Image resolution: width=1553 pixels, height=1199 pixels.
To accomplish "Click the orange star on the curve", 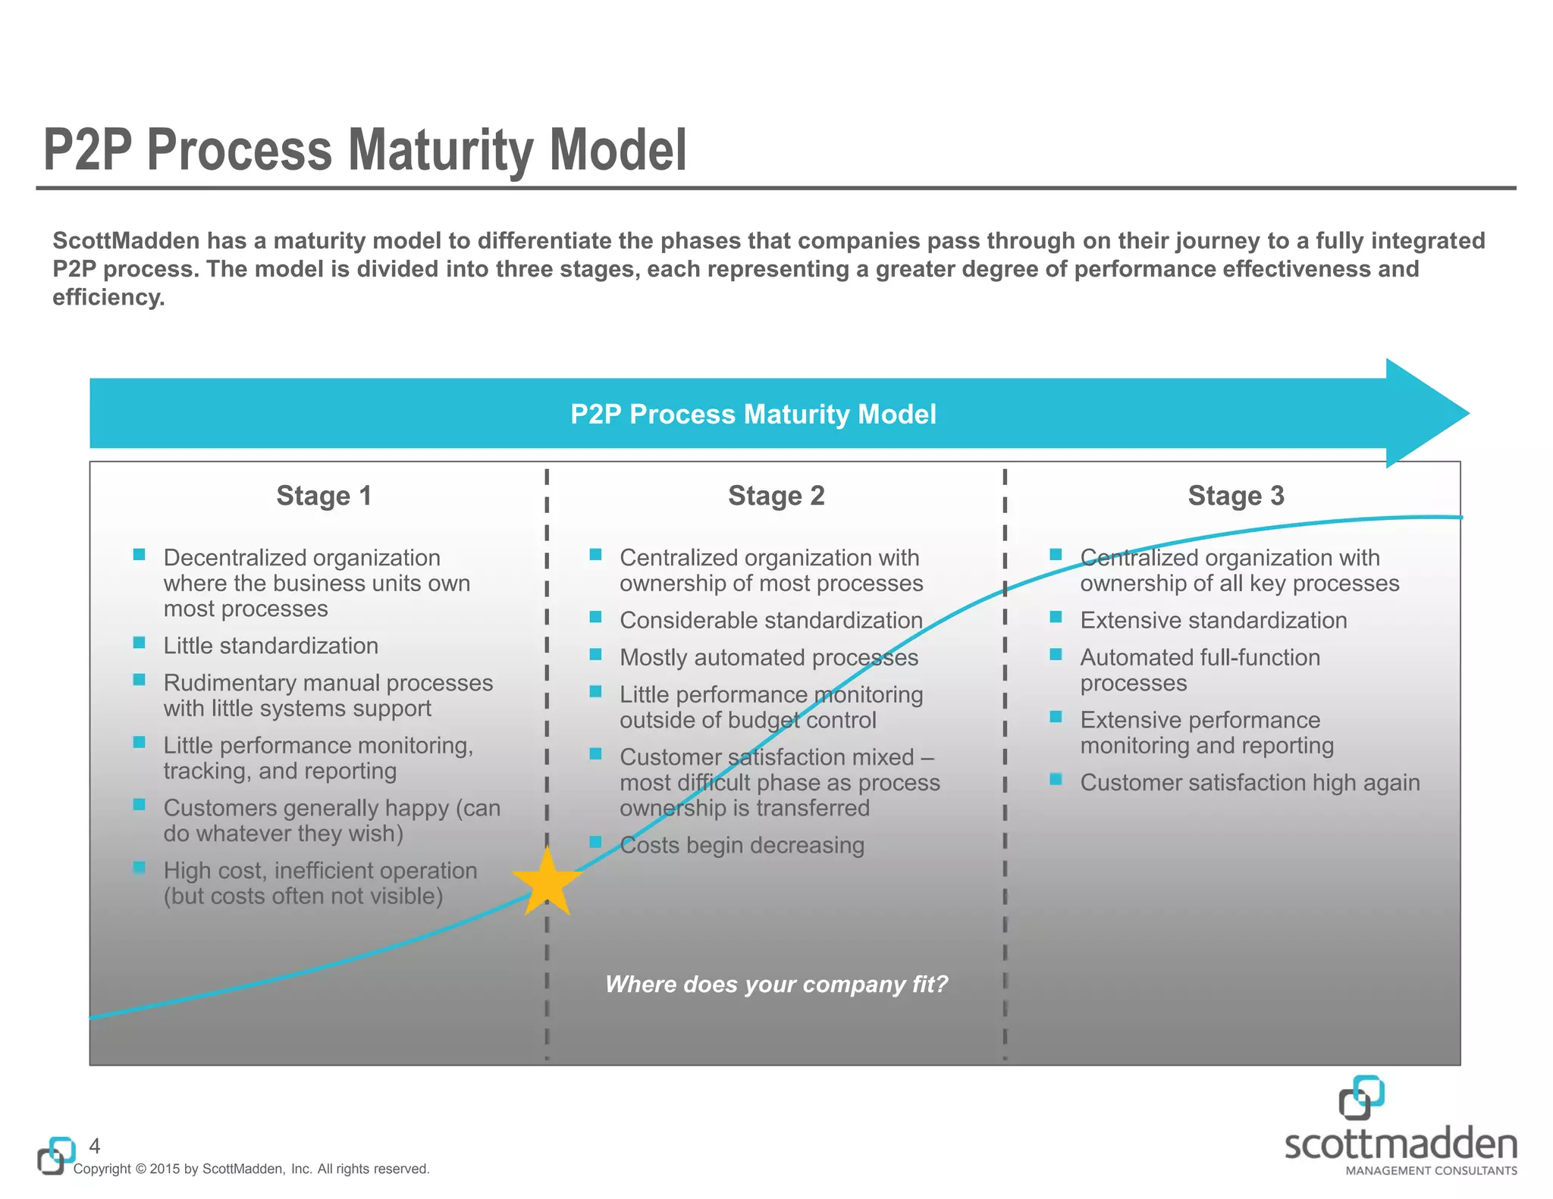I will pyautogui.click(x=547, y=882).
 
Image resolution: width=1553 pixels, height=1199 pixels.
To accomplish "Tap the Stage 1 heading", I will pyautogui.click(x=324, y=496).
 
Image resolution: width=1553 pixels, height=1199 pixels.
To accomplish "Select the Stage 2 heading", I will pyautogui.click(x=776, y=496).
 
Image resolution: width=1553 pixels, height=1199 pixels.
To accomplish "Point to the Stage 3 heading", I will pyautogui.click(x=1235, y=496).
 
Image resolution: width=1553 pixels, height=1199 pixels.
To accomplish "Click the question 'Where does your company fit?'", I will pyautogui.click(x=776, y=984).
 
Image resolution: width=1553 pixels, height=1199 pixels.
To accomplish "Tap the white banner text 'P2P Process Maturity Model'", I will pyautogui.click(x=753, y=414).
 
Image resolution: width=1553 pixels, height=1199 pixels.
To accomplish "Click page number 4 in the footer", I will pyautogui.click(x=95, y=1145).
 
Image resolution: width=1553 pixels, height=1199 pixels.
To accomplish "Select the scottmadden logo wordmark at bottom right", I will pyautogui.click(x=1401, y=1144).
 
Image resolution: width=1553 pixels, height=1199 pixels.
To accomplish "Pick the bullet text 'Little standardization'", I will pyautogui.click(x=271, y=646).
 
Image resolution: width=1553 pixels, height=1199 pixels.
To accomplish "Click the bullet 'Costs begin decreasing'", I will pyautogui.click(x=742, y=845).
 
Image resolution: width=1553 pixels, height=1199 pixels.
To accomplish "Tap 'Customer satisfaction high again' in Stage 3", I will pyautogui.click(x=1249, y=782).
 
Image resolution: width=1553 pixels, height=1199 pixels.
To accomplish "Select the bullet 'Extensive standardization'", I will pyautogui.click(x=1213, y=620).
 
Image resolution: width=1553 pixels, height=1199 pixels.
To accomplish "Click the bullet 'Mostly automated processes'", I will pyautogui.click(x=768, y=657).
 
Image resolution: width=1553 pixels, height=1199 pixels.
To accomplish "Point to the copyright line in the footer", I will pyautogui.click(x=251, y=1169).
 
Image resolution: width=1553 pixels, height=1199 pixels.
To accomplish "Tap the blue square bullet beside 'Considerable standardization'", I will pyautogui.click(x=595, y=617).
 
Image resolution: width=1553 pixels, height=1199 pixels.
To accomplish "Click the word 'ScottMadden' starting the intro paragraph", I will pyautogui.click(x=125, y=240).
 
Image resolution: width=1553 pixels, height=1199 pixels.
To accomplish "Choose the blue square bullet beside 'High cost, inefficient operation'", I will pyautogui.click(x=139, y=867).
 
